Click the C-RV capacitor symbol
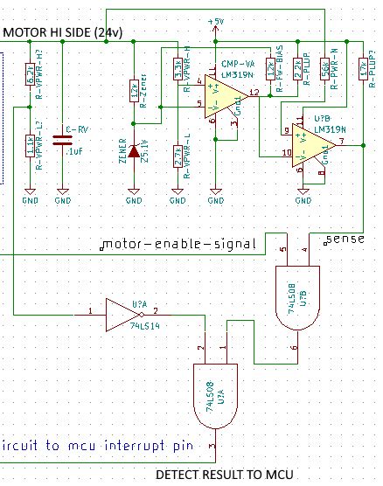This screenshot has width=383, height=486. (x=62, y=136)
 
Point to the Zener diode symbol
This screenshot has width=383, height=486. (x=134, y=151)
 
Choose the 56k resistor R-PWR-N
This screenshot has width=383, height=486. (x=324, y=68)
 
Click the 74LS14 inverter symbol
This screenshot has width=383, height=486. (x=120, y=311)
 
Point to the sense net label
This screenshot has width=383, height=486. (x=339, y=238)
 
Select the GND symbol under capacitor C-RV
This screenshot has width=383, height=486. (x=62, y=195)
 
